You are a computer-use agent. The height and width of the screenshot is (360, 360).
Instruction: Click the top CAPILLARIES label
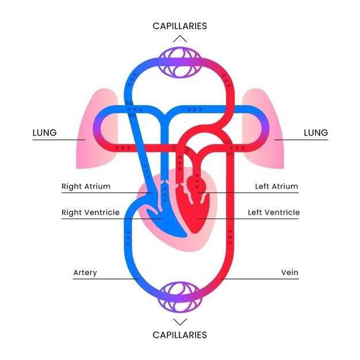(x=180, y=26)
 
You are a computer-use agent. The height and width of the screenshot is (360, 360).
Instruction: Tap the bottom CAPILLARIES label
(x=180, y=335)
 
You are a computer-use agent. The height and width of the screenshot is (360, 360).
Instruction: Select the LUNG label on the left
(x=44, y=133)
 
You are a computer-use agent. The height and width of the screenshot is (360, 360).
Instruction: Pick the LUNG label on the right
(x=316, y=133)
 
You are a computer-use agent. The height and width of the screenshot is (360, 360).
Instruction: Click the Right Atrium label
(x=86, y=186)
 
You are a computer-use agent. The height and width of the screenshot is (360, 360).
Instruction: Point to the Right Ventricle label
(x=90, y=212)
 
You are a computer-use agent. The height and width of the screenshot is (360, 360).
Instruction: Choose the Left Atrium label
(x=277, y=186)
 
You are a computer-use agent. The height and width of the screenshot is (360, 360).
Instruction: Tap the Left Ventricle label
(x=274, y=212)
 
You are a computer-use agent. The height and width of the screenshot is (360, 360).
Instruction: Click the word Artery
(x=85, y=273)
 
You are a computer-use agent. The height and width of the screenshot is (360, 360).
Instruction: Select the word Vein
(x=290, y=273)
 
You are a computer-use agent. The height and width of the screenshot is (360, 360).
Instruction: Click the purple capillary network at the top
(x=180, y=63)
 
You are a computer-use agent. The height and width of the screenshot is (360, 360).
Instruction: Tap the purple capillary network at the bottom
(x=180, y=297)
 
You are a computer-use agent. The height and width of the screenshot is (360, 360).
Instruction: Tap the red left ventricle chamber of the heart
(x=195, y=213)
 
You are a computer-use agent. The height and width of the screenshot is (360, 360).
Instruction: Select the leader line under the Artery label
(x=106, y=279)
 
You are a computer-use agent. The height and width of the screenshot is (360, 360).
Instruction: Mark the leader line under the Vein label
(x=260, y=279)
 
